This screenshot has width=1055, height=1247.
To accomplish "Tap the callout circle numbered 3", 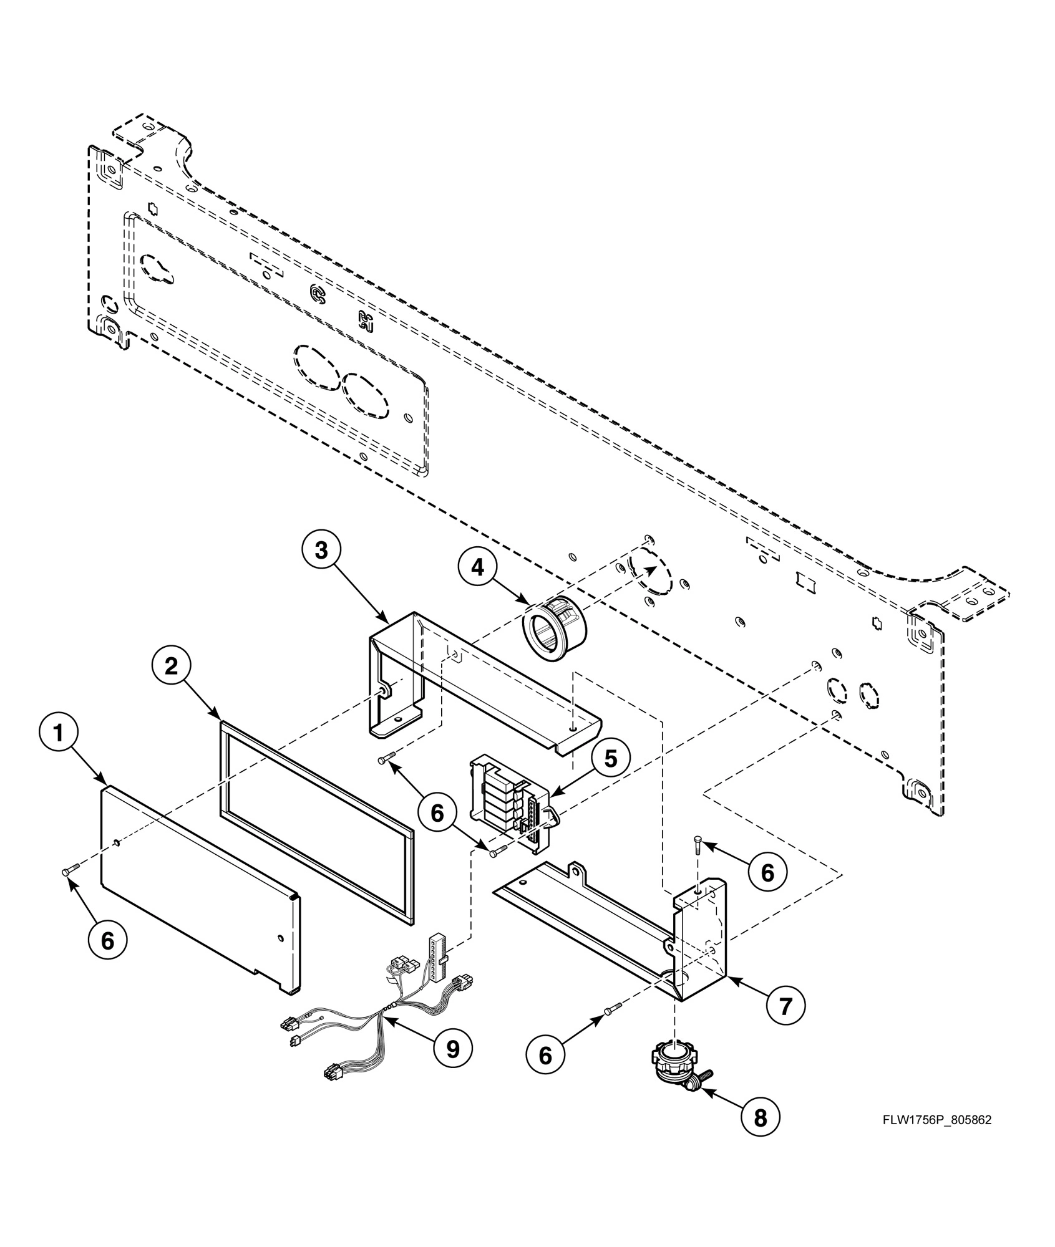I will (321, 552).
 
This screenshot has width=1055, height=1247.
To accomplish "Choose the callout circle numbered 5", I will (610, 759).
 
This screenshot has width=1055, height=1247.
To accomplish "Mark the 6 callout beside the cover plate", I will (107, 941).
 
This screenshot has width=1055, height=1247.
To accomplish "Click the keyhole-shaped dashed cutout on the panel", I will (157, 267).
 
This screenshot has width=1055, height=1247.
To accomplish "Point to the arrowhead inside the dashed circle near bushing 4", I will (652, 569).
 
